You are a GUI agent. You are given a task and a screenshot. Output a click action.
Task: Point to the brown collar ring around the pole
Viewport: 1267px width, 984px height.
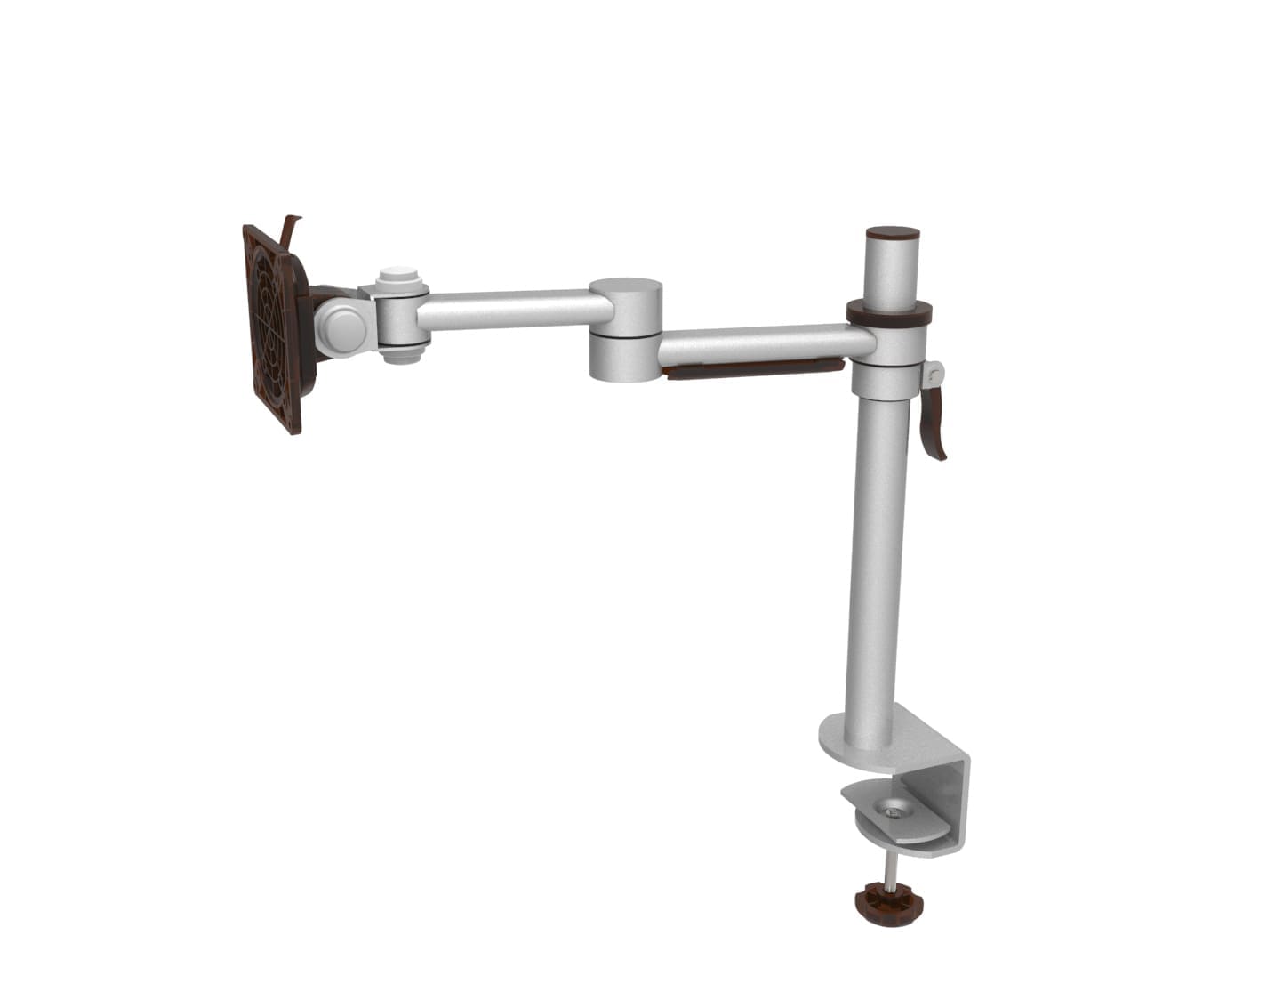[889, 312]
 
